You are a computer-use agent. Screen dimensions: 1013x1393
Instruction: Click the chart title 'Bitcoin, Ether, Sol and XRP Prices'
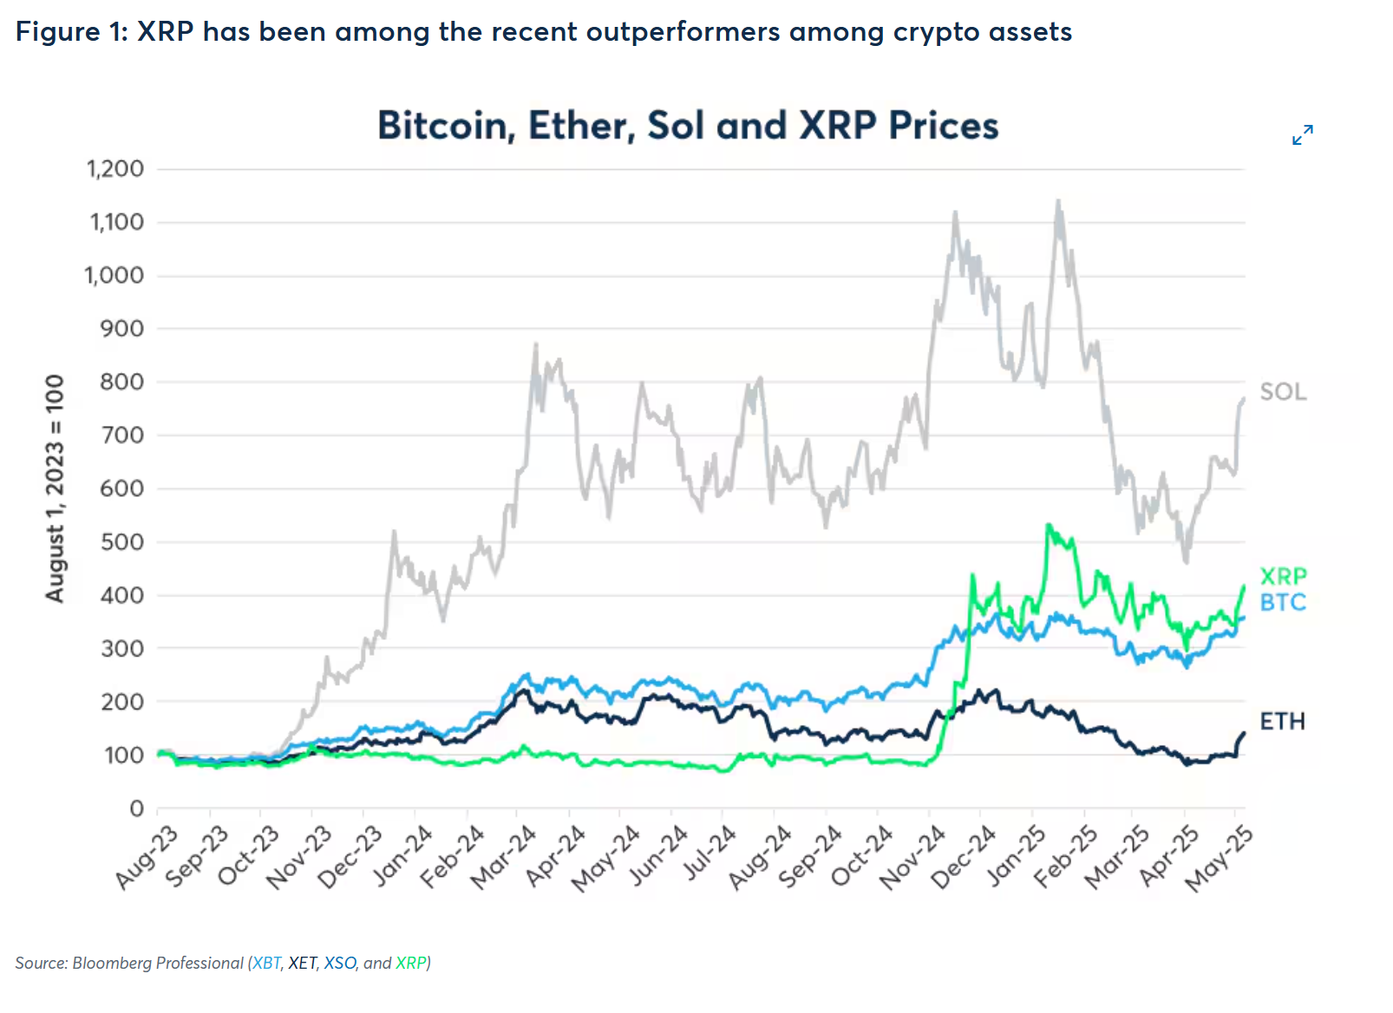coord(688,126)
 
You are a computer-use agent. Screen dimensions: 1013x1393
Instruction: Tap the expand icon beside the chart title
coord(1302,135)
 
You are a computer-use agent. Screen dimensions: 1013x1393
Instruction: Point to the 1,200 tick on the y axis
coord(115,168)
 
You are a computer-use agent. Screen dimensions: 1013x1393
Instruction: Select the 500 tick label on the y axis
coord(121,542)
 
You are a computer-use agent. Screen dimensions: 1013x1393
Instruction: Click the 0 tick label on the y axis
coord(136,808)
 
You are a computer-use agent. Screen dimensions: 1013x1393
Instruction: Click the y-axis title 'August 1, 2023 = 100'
coord(55,488)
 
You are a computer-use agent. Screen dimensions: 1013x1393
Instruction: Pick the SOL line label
coord(1283,392)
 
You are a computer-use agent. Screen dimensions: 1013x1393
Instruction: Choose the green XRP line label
coord(1283,576)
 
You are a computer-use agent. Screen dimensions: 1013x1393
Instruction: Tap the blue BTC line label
coord(1283,602)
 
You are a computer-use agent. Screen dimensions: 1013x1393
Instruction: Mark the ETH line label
coord(1282,722)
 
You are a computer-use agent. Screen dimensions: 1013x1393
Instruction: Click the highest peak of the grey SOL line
coord(1057,201)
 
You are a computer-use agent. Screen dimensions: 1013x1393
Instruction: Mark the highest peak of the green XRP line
coord(1049,525)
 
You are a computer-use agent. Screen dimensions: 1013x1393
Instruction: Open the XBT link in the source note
coord(267,963)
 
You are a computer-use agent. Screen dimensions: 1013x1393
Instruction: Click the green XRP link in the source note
coord(411,963)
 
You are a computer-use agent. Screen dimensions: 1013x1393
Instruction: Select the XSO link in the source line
coord(340,963)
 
